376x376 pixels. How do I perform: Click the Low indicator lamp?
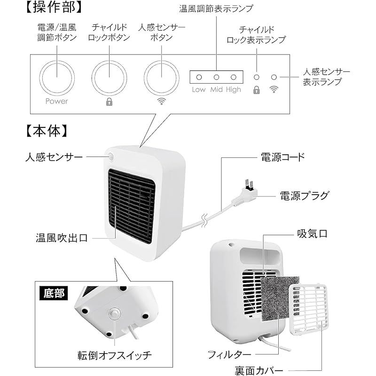[199, 77]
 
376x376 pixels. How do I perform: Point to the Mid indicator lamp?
[216, 77]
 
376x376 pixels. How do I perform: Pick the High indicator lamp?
[233, 77]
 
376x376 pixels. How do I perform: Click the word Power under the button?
[56, 101]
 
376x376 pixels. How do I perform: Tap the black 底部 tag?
[52, 294]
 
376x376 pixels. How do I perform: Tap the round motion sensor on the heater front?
[112, 157]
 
